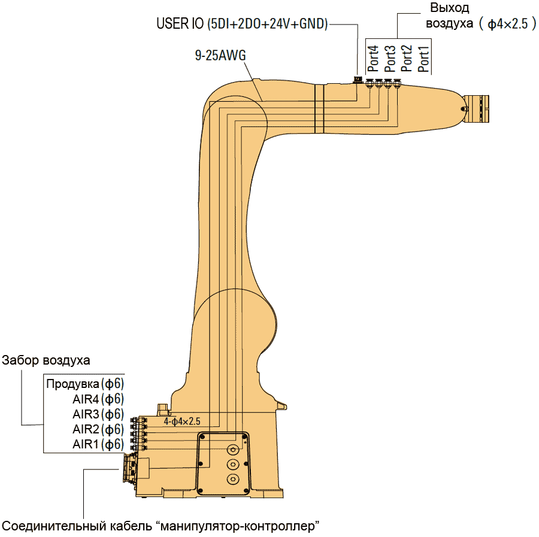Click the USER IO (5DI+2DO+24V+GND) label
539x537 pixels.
[x=242, y=24]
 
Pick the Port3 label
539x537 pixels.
[x=390, y=59]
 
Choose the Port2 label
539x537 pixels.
[x=407, y=59]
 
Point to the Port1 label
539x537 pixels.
[x=423, y=59]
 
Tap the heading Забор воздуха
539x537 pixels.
[x=46, y=360]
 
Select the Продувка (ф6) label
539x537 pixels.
[x=85, y=383]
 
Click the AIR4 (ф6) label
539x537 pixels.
[x=98, y=399]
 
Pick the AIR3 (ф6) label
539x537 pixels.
[x=98, y=414]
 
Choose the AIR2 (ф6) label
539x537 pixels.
[x=98, y=429]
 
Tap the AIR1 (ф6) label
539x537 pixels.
[x=98, y=444]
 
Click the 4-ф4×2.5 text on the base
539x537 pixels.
[x=181, y=421]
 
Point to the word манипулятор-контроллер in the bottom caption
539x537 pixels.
[x=237, y=527]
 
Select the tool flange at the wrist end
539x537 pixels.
[x=478, y=110]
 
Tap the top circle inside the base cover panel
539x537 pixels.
[x=232, y=449]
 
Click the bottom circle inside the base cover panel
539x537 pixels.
[x=232, y=478]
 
